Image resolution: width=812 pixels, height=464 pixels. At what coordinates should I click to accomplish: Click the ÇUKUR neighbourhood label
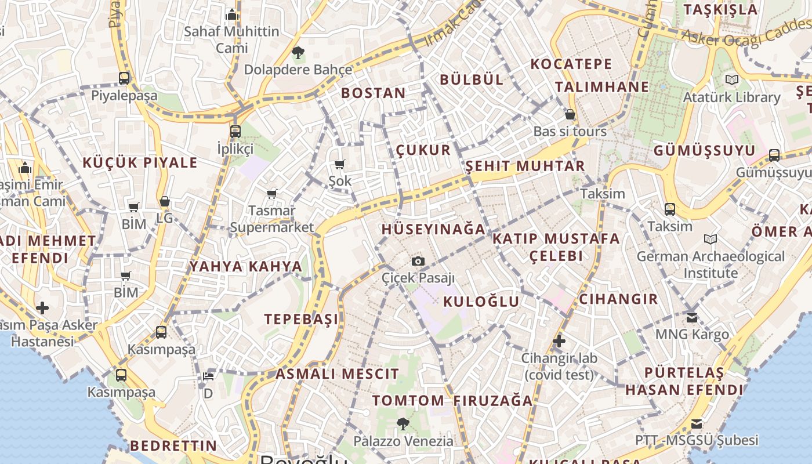[423, 150]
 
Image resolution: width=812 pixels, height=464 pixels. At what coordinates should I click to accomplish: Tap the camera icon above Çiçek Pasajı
[418, 262]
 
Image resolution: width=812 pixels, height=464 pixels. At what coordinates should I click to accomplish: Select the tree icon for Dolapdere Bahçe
[298, 53]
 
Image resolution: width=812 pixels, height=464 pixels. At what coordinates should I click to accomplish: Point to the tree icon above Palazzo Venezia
[403, 424]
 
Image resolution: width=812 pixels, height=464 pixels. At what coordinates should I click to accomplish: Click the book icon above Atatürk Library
[731, 80]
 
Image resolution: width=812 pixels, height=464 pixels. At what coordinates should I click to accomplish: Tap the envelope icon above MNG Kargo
[692, 317]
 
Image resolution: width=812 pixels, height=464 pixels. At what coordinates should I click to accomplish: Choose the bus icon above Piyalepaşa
[124, 78]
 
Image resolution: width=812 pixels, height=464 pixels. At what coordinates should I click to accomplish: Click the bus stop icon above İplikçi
[235, 132]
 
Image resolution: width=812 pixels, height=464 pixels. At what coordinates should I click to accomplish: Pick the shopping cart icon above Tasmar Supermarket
[271, 194]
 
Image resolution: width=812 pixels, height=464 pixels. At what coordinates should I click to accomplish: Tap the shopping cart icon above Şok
[340, 165]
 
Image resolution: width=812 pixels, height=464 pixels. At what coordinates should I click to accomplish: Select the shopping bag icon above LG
[165, 202]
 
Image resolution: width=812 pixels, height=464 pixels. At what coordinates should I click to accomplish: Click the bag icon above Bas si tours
[570, 114]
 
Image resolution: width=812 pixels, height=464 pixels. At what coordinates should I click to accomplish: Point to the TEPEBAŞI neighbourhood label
[301, 319]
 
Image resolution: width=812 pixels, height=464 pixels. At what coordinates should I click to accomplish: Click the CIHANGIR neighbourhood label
[618, 299]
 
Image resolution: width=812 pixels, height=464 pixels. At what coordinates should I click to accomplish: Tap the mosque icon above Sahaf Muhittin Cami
[232, 14]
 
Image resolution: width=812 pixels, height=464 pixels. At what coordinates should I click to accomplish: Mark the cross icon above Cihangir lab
[559, 341]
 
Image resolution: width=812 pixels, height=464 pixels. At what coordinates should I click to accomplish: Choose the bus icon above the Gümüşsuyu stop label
[774, 155]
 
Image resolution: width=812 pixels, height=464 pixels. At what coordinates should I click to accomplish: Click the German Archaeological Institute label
[710, 264]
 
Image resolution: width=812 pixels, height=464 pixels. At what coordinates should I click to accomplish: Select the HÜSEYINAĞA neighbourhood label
[433, 229]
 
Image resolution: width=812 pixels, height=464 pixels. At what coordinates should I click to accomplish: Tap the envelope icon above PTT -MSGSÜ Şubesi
[697, 424]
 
